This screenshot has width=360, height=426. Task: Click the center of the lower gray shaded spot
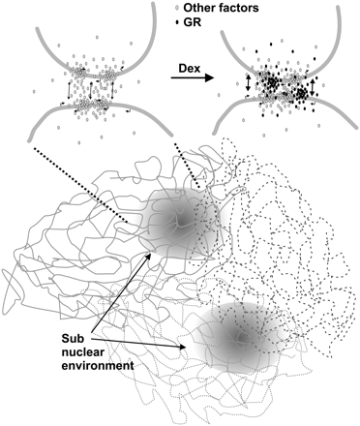click(x=236, y=336)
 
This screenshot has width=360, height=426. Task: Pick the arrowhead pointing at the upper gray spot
click(x=150, y=255)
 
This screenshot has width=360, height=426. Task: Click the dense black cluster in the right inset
click(x=281, y=93)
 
